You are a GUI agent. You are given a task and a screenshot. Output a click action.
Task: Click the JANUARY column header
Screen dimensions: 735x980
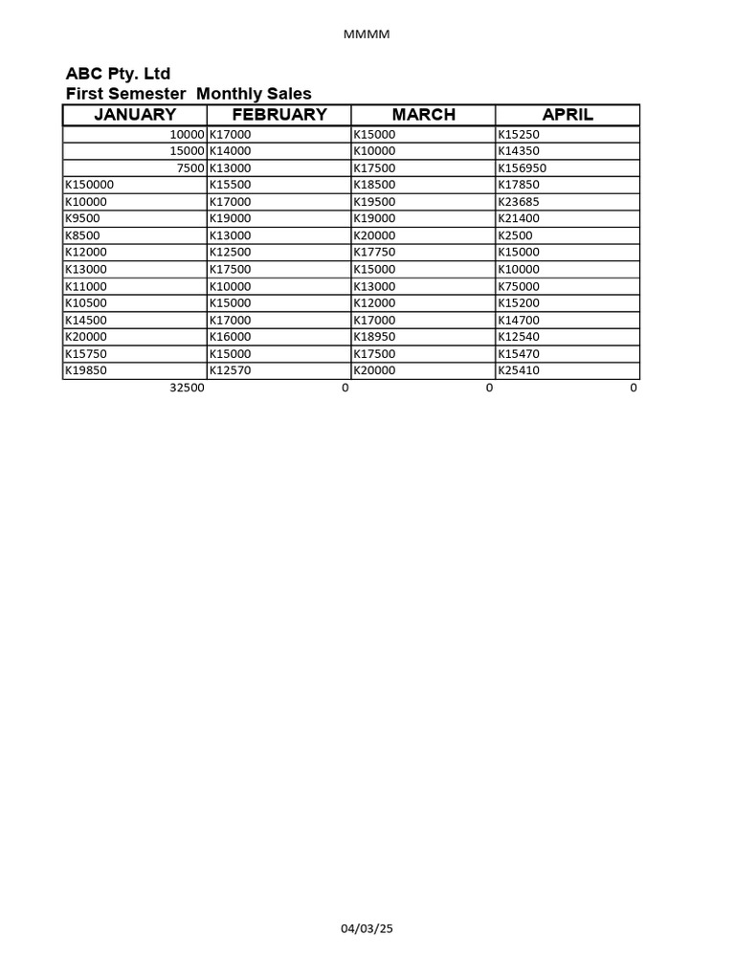click(x=135, y=115)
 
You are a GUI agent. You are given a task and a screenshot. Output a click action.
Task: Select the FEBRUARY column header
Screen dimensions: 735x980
click(x=279, y=115)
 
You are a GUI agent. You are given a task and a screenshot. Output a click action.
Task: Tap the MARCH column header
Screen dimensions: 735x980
click(x=424, y=115)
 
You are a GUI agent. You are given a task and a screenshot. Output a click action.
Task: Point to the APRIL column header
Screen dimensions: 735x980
click(x=568, y=115)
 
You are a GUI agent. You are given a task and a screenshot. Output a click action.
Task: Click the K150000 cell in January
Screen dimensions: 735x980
click(x=89, y=185)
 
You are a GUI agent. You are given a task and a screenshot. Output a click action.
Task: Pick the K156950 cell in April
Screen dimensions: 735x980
click(x=523, y=168)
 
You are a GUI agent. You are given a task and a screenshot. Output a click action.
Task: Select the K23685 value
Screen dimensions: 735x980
click(x=519, y=202)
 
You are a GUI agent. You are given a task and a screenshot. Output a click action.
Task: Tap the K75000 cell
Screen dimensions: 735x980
click(x=519, y=286)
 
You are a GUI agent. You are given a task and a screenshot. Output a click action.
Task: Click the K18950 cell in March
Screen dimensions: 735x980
click(x=374, y=337)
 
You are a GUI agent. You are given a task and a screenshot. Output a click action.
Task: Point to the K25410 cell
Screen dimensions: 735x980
click(x=519, y=370)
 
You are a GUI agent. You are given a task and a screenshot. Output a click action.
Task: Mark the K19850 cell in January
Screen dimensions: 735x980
click(x=85, y=370)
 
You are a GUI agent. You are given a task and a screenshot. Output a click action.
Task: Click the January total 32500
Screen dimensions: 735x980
click(x=187, y=389)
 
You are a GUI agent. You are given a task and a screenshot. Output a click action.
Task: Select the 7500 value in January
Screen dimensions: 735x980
click(x=190, y=168)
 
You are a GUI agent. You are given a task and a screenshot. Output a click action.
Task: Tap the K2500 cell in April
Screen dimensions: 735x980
click(x=515, y=235)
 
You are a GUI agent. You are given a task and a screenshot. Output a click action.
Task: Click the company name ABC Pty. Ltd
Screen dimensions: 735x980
click(x=118, y=74)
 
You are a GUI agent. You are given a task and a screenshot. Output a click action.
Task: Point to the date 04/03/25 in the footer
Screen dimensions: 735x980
click(x=367, y=928)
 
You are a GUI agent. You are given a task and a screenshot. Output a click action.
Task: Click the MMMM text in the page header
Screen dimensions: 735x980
click(x=367, y=34)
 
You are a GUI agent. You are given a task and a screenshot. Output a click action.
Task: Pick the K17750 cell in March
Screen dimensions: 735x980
click(x=374, y=253)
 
